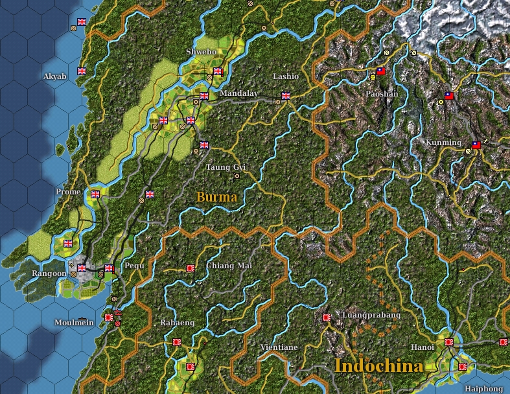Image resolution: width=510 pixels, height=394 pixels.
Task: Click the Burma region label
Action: pos(216,196)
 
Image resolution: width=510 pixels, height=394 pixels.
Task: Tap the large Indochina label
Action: pos(378,366)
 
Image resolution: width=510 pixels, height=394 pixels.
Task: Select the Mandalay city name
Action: pos(238,93)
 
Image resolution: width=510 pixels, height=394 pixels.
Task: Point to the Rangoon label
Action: pos(49,273)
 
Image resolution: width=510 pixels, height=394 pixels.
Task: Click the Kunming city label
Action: pos(443,143)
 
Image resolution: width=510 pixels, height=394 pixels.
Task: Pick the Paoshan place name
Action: pos(382,94)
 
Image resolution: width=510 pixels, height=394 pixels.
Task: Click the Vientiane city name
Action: pos(279,347)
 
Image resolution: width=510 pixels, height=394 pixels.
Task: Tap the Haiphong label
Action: pos(484,389)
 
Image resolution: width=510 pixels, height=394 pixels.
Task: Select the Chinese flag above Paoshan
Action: pos(381,71)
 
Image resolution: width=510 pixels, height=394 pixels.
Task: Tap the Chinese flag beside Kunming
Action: pos(476,145)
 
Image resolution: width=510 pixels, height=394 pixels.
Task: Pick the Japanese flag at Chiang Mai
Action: pos(191,268)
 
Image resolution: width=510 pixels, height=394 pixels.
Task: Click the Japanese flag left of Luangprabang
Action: pos(327,318)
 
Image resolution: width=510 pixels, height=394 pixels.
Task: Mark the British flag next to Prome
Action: pos(96,194)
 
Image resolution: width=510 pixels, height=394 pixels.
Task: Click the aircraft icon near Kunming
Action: pos(485,141)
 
